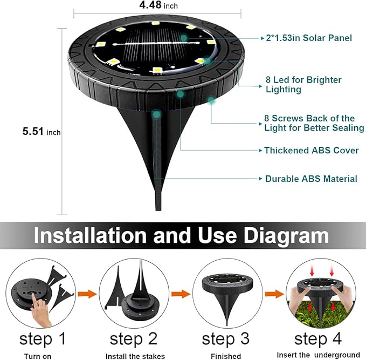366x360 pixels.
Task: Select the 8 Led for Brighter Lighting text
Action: (x=303, y=85)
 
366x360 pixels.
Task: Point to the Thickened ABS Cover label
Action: (x=311, y=151)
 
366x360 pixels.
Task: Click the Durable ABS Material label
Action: (x=311, y=178)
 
